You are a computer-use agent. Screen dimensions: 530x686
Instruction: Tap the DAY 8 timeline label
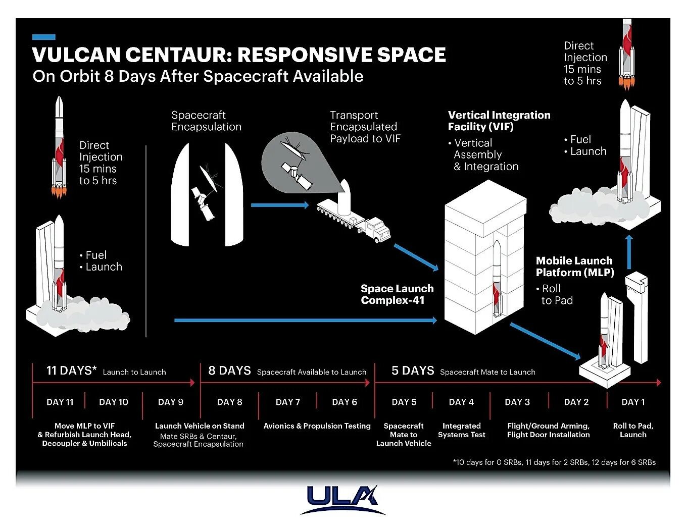click(229, 402)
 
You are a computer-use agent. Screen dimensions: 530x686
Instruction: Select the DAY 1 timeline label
click(633, 402)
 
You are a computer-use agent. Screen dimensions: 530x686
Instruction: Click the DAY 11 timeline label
click(60, 402)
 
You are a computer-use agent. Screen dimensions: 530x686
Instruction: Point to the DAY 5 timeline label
click(404, 402)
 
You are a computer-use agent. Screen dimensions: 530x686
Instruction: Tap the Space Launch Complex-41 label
click(397, 294)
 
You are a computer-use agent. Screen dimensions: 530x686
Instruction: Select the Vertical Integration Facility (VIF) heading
click(499, 121)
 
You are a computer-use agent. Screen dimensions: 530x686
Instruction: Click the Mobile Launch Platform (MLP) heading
click(575, 267)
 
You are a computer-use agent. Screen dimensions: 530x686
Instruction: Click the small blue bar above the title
click(43, 37)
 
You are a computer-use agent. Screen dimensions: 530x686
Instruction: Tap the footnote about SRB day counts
click(554, 462)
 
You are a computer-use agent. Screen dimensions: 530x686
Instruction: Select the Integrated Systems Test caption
click(461, 430)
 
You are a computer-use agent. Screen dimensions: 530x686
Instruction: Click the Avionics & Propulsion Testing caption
click(317, 426)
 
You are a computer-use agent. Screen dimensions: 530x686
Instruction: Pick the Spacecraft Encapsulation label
click(206, 121)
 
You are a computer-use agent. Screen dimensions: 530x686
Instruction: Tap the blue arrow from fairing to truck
click(279, 205)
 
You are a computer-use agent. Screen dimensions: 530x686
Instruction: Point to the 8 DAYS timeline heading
click(229, 371)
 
